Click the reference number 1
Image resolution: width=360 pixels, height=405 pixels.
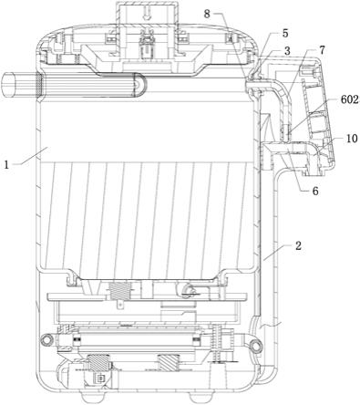(x=6, y=164)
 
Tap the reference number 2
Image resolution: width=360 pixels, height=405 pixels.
(x=298, y=245)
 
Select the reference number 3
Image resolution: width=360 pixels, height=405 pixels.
(x=287, y=51)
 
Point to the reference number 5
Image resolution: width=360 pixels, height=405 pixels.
(x=285, y=34)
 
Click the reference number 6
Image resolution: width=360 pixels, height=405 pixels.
(x=315, y=192)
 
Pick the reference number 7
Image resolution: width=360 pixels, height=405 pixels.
(x=323, y=50)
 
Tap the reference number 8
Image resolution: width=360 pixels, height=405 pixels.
(x=207, y=14)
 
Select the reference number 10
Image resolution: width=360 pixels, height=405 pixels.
(x=352, y=139)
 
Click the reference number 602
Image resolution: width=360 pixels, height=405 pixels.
(x=350, y=99)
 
